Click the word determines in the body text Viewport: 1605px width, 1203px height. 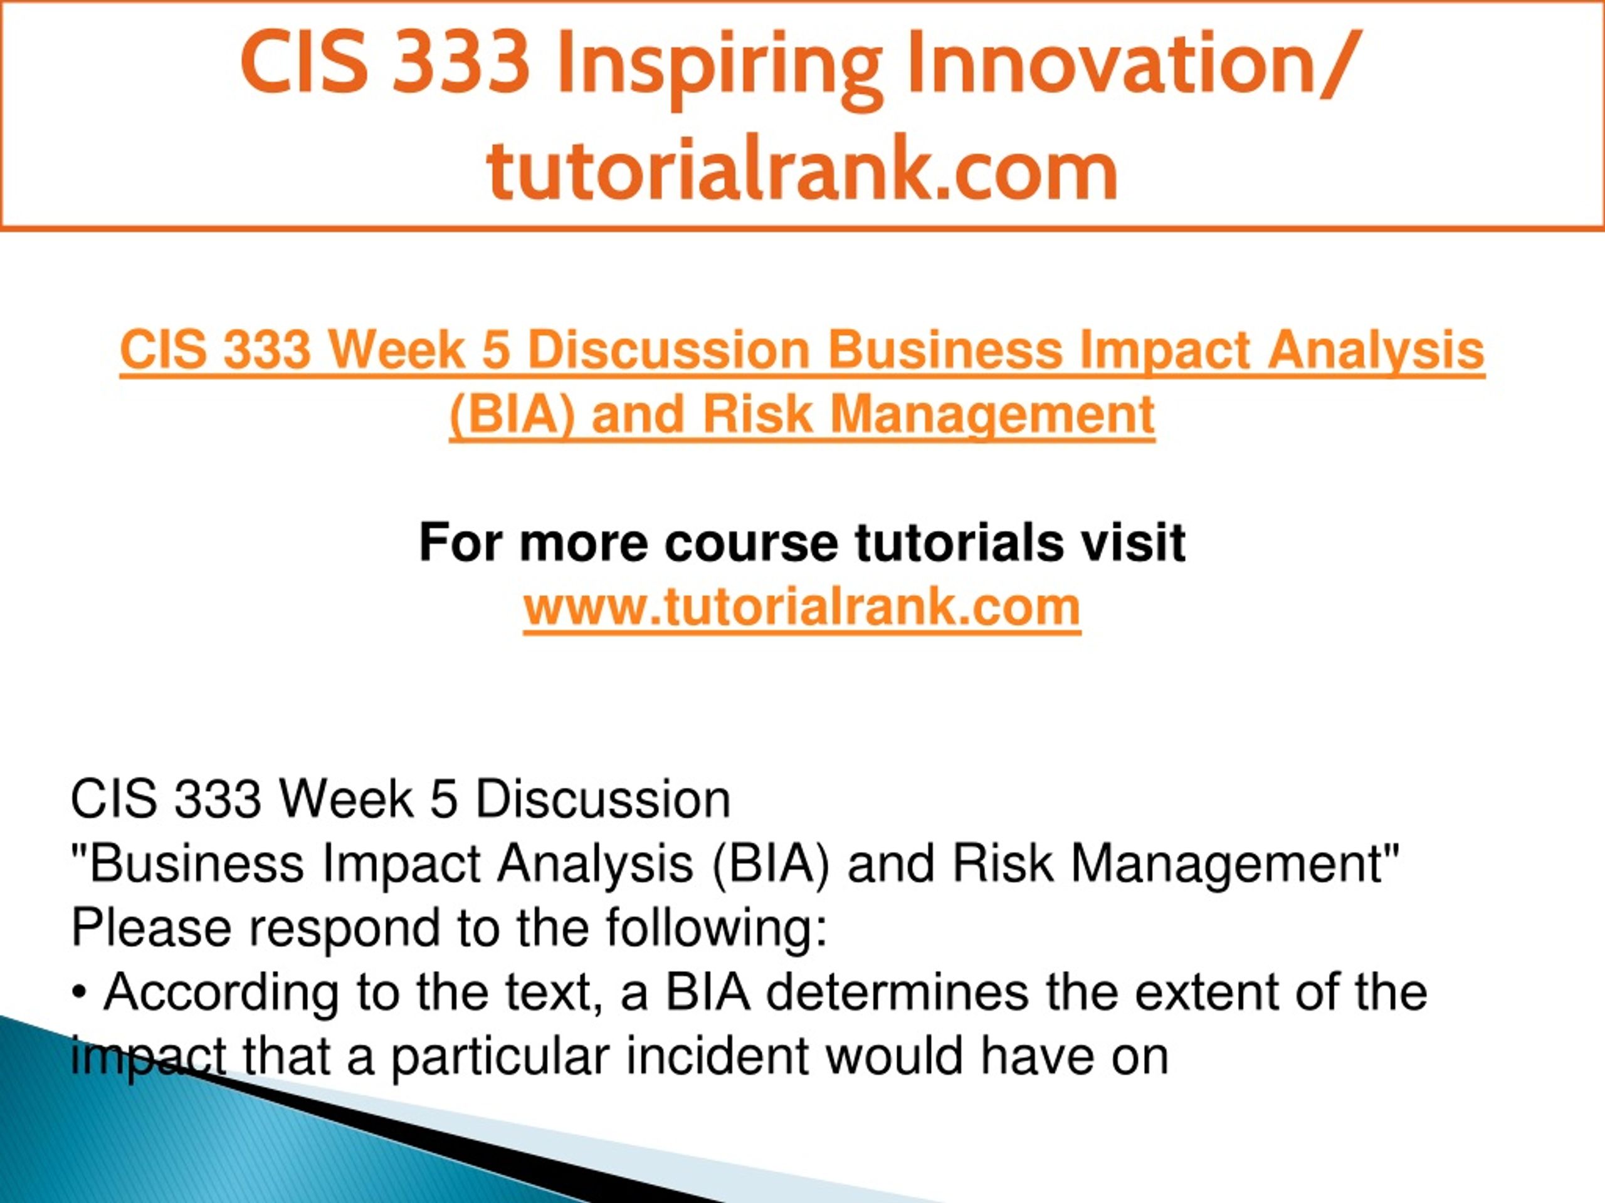point(897,992)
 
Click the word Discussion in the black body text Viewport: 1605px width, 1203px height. point(603,800)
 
